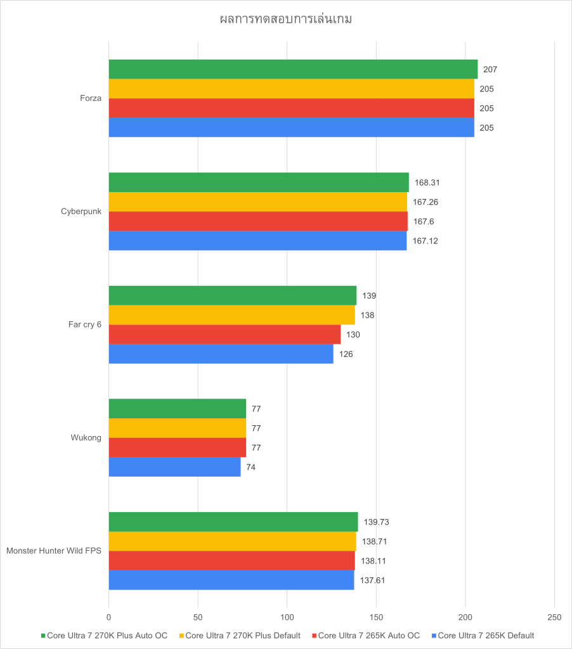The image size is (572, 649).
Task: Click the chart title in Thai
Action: pos(285,19)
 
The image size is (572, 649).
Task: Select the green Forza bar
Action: pos(293,69)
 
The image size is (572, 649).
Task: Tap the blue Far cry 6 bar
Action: pos(221,354)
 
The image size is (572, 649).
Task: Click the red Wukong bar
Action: pos(177,447)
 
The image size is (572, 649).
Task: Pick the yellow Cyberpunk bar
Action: pos(257,202)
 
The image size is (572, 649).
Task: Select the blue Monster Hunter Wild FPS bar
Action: pos(231,580)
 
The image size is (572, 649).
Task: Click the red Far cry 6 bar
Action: pos(224,334)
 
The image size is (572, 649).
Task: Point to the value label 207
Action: pos(490,69)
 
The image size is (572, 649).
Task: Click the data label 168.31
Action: pos(427,183)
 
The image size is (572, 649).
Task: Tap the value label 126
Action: pos(346,354)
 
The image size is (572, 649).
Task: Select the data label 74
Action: pos(251,467)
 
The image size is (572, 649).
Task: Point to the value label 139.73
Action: pos(375,522)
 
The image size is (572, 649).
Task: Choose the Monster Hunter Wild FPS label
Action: pos(54,550)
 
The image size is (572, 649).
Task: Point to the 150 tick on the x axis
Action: pos(376,617)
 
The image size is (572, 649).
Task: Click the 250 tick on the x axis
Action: pos(554,617)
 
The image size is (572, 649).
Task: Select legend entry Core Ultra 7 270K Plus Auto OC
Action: pos(107,635)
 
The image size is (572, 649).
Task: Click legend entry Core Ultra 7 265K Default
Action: pos(486,635)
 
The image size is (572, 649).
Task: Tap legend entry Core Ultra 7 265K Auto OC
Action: pos(368,635)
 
